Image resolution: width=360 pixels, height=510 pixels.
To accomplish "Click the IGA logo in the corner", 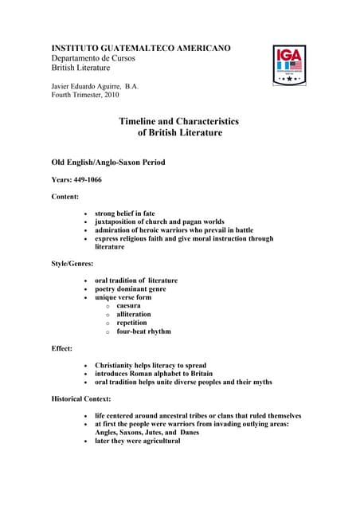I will click(290, 65).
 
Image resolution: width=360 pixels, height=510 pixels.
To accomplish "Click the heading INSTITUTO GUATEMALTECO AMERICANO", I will click(141, 49).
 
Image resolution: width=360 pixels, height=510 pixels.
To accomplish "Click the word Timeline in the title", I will click(140, 121).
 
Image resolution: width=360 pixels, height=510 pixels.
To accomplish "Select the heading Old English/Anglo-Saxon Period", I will click(108, 163).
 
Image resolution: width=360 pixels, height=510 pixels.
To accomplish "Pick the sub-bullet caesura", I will click(128, 306).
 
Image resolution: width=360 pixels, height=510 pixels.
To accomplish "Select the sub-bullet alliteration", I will click(133, 315).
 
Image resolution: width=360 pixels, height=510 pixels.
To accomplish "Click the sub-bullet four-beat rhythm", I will click(143, 331).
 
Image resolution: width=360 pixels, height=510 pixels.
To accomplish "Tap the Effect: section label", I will click(62, 348).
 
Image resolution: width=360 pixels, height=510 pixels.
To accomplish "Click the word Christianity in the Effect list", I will click(118, 365).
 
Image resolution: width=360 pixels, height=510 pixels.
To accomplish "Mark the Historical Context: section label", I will click(81, 398).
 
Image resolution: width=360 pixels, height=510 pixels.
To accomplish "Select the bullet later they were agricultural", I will click(137, 441).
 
